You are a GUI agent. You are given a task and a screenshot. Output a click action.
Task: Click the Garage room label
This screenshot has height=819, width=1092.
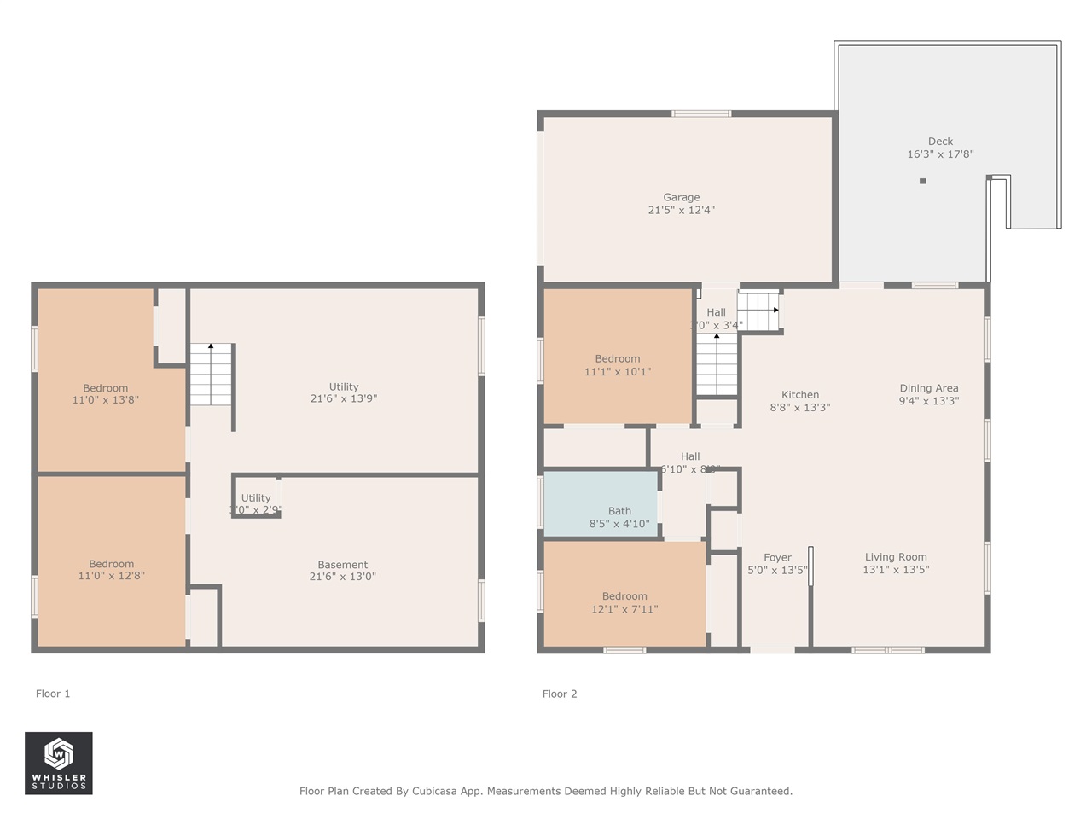tap(681, 197)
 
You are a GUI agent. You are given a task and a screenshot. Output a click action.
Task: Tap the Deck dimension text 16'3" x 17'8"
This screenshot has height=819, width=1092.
tap(940, 154)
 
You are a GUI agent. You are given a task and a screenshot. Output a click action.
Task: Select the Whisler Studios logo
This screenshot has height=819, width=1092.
tap(58, 763)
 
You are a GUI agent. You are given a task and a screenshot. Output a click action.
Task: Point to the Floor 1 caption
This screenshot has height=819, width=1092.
tap(53, 694)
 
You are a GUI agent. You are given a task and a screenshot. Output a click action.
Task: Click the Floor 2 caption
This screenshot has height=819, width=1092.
tap(560, 694)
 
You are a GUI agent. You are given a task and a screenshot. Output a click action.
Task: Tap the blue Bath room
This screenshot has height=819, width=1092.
tap(601, 503)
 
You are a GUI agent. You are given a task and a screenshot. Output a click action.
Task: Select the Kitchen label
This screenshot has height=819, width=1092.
tap(800, 395)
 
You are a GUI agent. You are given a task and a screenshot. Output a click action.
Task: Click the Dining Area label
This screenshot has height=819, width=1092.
tap(928, 388)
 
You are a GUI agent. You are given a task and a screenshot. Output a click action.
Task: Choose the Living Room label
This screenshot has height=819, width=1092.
tap(896, 557)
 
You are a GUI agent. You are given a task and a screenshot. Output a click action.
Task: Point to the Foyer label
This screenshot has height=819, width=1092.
tap(777, 558)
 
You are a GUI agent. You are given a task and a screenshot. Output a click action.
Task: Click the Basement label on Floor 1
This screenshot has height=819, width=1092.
tap(342, 565)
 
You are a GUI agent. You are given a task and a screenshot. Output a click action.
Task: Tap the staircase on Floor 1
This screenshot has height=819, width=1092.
tap(211, 375)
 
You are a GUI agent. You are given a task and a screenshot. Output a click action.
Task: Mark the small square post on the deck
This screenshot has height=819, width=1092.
tap(922, 181)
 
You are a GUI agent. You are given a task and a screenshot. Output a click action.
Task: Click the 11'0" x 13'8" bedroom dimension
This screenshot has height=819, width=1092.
tap(106, 400)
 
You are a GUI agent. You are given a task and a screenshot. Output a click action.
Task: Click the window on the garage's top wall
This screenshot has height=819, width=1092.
tap(701, 113)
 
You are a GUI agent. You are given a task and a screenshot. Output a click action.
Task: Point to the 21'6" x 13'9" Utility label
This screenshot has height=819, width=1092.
tap(344, 386)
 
